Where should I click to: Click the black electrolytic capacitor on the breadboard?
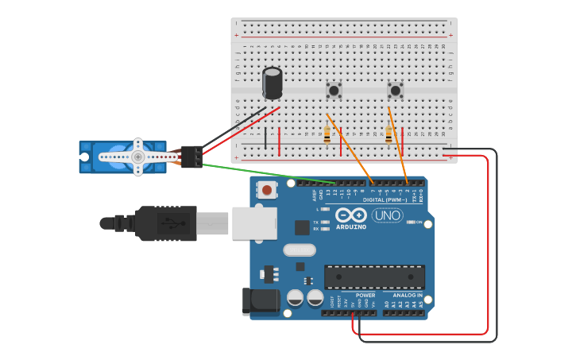point(272,83)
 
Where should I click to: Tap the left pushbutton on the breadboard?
point(334,91)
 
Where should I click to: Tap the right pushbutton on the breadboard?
point(395,91)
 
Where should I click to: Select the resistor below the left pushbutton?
point(327,134)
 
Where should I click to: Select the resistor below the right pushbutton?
point(389,134)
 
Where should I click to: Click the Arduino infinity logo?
point(350,215)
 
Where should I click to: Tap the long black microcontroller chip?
point(374,277)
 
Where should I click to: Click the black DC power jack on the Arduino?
point(261,300)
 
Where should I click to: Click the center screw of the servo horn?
point(138,157)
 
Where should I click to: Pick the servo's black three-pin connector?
point(191,157)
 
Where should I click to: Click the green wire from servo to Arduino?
point(262,173)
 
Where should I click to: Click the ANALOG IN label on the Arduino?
point(408,295)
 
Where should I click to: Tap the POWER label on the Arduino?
point(365,295)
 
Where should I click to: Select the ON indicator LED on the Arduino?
point(410,223)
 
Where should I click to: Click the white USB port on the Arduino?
point(254,223)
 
